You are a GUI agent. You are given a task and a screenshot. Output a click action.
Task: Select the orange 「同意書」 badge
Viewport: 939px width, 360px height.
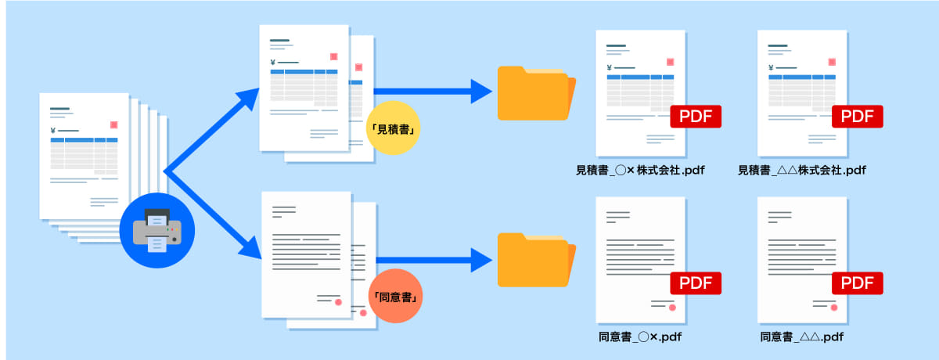(395, 297)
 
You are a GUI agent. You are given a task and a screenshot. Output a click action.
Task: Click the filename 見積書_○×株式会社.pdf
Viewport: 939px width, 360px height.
(641, 169)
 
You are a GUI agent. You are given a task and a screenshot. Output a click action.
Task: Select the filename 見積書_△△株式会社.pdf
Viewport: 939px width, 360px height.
(802, 169)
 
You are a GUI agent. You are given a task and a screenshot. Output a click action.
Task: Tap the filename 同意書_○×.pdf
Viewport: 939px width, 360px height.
(641, 337)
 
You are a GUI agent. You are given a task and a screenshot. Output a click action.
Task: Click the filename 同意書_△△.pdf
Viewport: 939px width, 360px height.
(802, 337)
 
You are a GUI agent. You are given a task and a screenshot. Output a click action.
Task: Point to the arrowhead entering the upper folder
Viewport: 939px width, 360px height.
(480, 91)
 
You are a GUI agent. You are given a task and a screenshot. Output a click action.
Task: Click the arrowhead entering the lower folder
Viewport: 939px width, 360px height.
(480, 260)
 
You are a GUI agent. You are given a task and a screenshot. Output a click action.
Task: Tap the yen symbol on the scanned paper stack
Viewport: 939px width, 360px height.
(52, 131)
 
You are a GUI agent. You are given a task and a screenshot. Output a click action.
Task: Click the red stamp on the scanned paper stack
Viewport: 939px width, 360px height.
(114, 124)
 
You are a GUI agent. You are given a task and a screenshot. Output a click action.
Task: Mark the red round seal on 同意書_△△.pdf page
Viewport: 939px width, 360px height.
(834, 308)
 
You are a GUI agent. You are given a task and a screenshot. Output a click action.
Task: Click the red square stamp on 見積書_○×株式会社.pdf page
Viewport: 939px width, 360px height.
(671, 62)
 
